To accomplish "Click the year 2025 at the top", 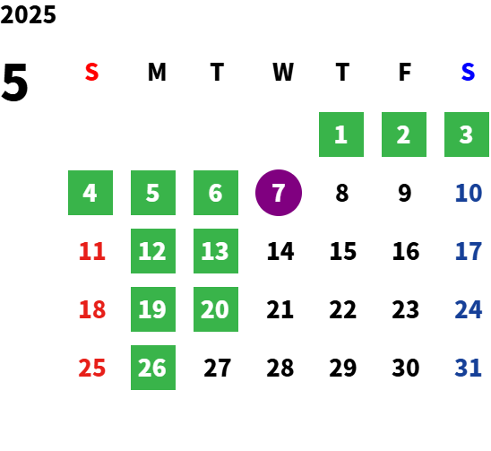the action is pyautogui.click(x=28, y=14).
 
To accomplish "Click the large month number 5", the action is pyautogui.click(x=14, y=82).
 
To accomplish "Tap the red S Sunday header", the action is pyautogui.click(x=91, y=72).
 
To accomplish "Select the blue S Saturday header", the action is pyautogui.click(x=468, y=72).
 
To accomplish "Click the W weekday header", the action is pyautogui.click(x=283, y=72).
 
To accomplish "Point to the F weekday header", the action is pyautogui.click(x=405, y=72).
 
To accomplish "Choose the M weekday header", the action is pyautogui.click(x=157, y=72).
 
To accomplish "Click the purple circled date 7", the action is pyautogui.click(x=279, y=193).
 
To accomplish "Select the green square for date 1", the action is pyautogui.click(x=341, y=134).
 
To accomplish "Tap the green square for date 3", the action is pyautogui.click(x=467, y=134).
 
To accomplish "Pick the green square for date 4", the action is pyautogui.click(x=90, y=193).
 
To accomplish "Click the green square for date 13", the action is pyautogui.click(x=216, y=251).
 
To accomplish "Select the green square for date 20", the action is pyautogui.click(x=216, y=309).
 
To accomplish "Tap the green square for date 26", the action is pyautogui.click(x=153, y=368).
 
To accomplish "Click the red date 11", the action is pyautogui.click(x=92, y=251).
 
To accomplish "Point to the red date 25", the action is pyautogui.click(x=92, y=368).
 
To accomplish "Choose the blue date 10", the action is pyautogui.click(x=469, y=193).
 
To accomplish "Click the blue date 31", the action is pyautogui.click(x=468, y=368).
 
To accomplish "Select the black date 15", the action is pyautogui.click(x=343, y=251).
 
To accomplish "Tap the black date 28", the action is pyautogui.click(x=280, y=368).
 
